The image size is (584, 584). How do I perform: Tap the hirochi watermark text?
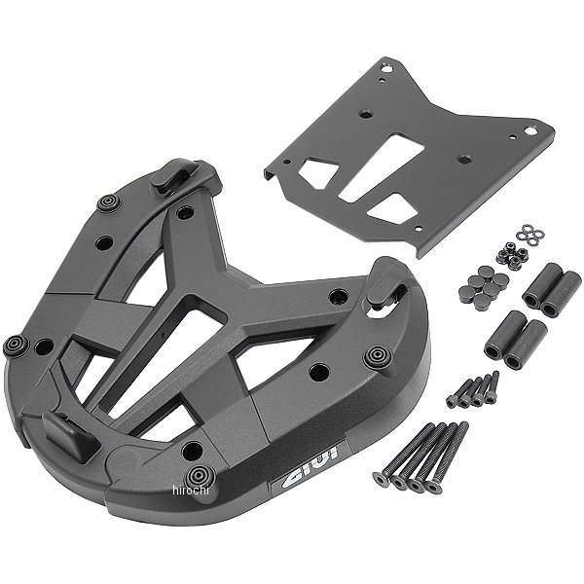[x=191, y=491]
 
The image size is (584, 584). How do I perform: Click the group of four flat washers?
[x=530, y=235]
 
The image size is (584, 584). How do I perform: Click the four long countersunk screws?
[x=420, y=457]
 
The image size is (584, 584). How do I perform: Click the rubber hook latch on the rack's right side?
[x=385, y=282]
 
